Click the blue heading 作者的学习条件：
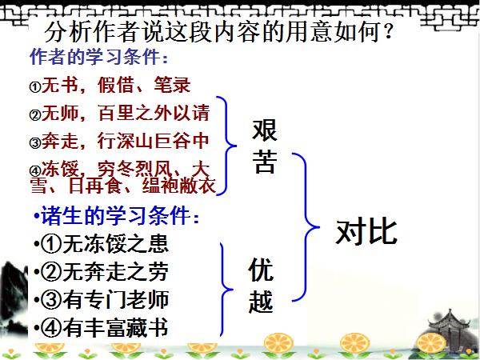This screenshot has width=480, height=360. (99, 59)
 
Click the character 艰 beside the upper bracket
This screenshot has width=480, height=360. (265, 130)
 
